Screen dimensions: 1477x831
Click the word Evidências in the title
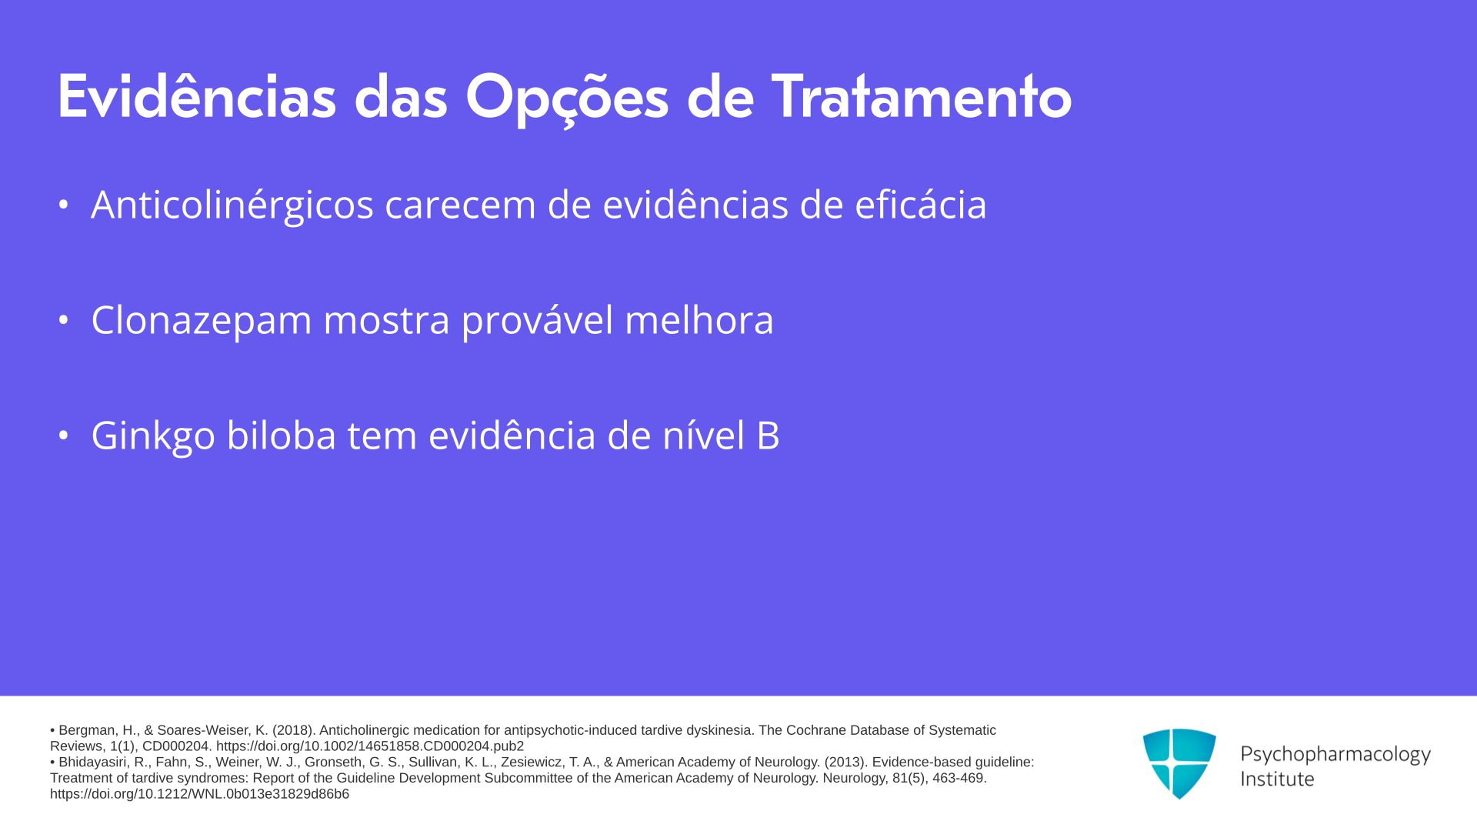(197, 97)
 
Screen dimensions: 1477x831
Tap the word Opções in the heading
(567, 99)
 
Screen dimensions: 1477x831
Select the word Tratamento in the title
(922, 97)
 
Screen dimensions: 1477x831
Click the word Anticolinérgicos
(232, 205)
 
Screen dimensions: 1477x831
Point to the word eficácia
(921, 205)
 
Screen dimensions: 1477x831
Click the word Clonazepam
(202, 321)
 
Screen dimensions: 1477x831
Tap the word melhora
(699, 320)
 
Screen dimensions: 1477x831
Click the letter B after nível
(769, 436)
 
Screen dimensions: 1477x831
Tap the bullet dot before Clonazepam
(64, 320)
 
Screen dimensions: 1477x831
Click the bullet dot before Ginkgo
(64, 436)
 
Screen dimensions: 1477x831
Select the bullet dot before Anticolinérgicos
(64, 205)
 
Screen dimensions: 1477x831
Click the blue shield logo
(1179, 763)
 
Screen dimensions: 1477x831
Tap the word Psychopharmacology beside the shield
(1335, 754)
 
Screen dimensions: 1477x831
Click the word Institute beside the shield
(1277, 779)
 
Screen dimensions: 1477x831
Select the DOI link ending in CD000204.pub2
(370, 746)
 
